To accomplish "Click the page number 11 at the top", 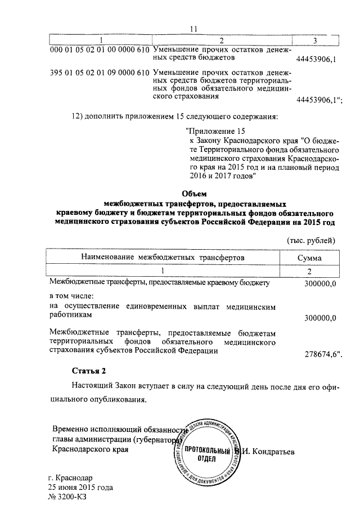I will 194,29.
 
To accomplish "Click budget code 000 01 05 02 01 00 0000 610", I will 99,50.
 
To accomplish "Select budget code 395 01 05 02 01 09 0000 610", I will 99,73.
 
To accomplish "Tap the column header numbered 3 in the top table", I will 314,40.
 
